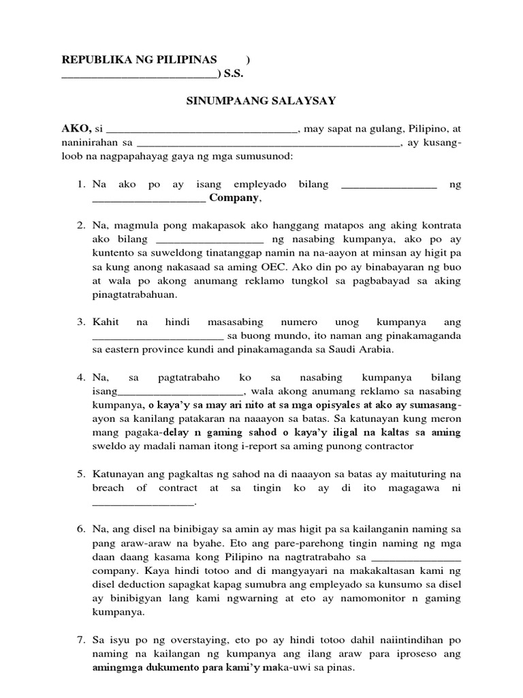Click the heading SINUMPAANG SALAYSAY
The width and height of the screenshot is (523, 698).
[261, 101]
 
